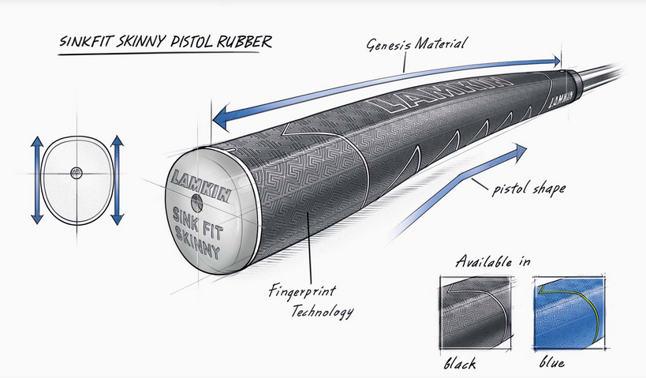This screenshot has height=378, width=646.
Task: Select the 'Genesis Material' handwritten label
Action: pyautogui.click(x=416, y=44)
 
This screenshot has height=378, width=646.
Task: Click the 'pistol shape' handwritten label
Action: pyautogui.click(x=529, y=189)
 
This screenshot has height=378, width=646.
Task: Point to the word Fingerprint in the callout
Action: pyautogui.click(x=302, y=292)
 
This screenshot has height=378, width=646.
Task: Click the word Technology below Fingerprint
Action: pyautogui.click(x=322, y=311)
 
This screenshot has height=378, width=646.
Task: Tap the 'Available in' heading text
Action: pyautogui.click(x=493, y=261)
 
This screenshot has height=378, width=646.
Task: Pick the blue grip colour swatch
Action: pyautogui.click(x=570, y=313)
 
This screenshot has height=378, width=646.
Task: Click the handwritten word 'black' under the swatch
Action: pyautogui.click(x=460, y=363)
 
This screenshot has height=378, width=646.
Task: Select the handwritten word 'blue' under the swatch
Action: pyautogui.click(x=551, y=362)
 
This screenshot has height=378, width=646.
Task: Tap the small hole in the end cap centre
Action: pyautogui.click(x=197, y=201)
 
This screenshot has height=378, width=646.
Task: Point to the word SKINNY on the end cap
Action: pyautogui.click(x=197, y=242)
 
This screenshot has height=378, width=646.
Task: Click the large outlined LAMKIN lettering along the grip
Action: pyautogui.click(x=437, y=94)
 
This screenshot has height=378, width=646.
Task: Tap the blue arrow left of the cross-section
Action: pyautogui.click(x=36, y=180)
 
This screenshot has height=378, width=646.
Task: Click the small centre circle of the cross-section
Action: pyautogui.click(x=77, y=173)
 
